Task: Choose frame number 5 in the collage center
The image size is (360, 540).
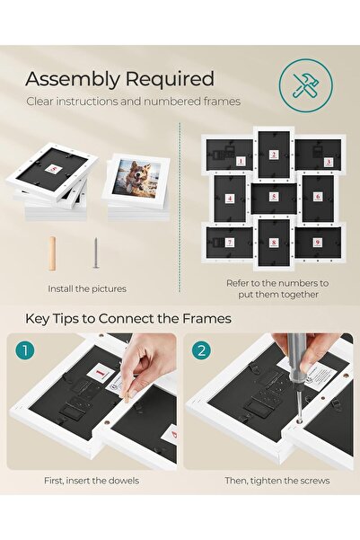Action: point(275,199)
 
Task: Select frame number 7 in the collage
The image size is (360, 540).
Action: point(228,242)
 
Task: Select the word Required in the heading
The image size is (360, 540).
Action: point(168,80)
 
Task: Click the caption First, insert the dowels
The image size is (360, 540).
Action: point(91,481)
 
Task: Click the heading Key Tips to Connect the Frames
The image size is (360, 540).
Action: point(128,318)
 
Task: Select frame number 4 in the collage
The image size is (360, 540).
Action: point(230,198)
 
